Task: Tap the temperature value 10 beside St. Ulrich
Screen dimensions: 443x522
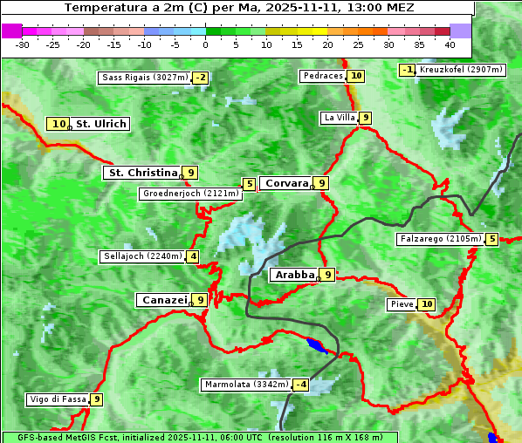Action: pyautogui.click(x=58, y=124)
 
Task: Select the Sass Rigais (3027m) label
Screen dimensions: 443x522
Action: pyautogui.click(x=144, y=78)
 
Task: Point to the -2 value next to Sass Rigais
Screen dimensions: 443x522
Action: pyautogui.click(x=201, y=78)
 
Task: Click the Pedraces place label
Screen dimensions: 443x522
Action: pyautogui.click(x=322, y=76)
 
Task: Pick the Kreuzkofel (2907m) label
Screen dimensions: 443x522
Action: pyautogui.click(x=460, y=69)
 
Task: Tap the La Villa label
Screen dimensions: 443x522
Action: pyautogui.click(x=339, y=118)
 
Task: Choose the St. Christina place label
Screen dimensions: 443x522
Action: pyautogui.click(x=141, y=173)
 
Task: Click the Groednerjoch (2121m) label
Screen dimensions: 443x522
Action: pyautogui.click(x=189, y=193)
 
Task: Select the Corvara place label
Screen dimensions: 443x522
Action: pyautogui.click(x=285, y=183)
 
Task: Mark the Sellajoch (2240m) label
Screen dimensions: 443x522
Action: pyautogui.click(x=141, y=256)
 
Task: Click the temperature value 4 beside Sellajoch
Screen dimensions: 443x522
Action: pyautogui.click(x=192, y=256)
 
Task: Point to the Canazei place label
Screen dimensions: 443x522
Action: pyautogui.click(x=164, y=300)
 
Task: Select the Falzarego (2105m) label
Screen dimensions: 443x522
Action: pyautogui.click(x=439, y=239)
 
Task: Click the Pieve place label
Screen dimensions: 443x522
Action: pyautogui.click(x=402, y=304)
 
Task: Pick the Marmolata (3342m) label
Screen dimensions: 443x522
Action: pyautogui.click(x=245, y=385)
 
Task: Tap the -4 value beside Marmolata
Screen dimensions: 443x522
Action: pyautogui.click(x=300, y=385)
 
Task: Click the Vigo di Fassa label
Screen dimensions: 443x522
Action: pyautogui.click(x=58, y=399)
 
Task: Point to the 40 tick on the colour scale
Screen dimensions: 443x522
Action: pyautogui.click(x=450, y=44)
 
